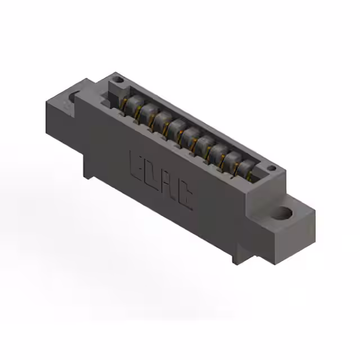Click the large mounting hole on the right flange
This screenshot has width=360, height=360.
click(x=285, y=213)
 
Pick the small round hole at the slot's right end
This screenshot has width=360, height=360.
click(x=271, y=168)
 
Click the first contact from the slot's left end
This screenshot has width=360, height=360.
click(x=133, y=103)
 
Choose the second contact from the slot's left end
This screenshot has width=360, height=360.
click(x=147, y=111)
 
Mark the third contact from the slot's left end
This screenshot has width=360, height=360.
click(x=163, y=119)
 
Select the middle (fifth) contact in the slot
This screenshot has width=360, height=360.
click(x=191, y=136)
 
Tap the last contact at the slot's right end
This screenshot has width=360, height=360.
click(x=245, y=168)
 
